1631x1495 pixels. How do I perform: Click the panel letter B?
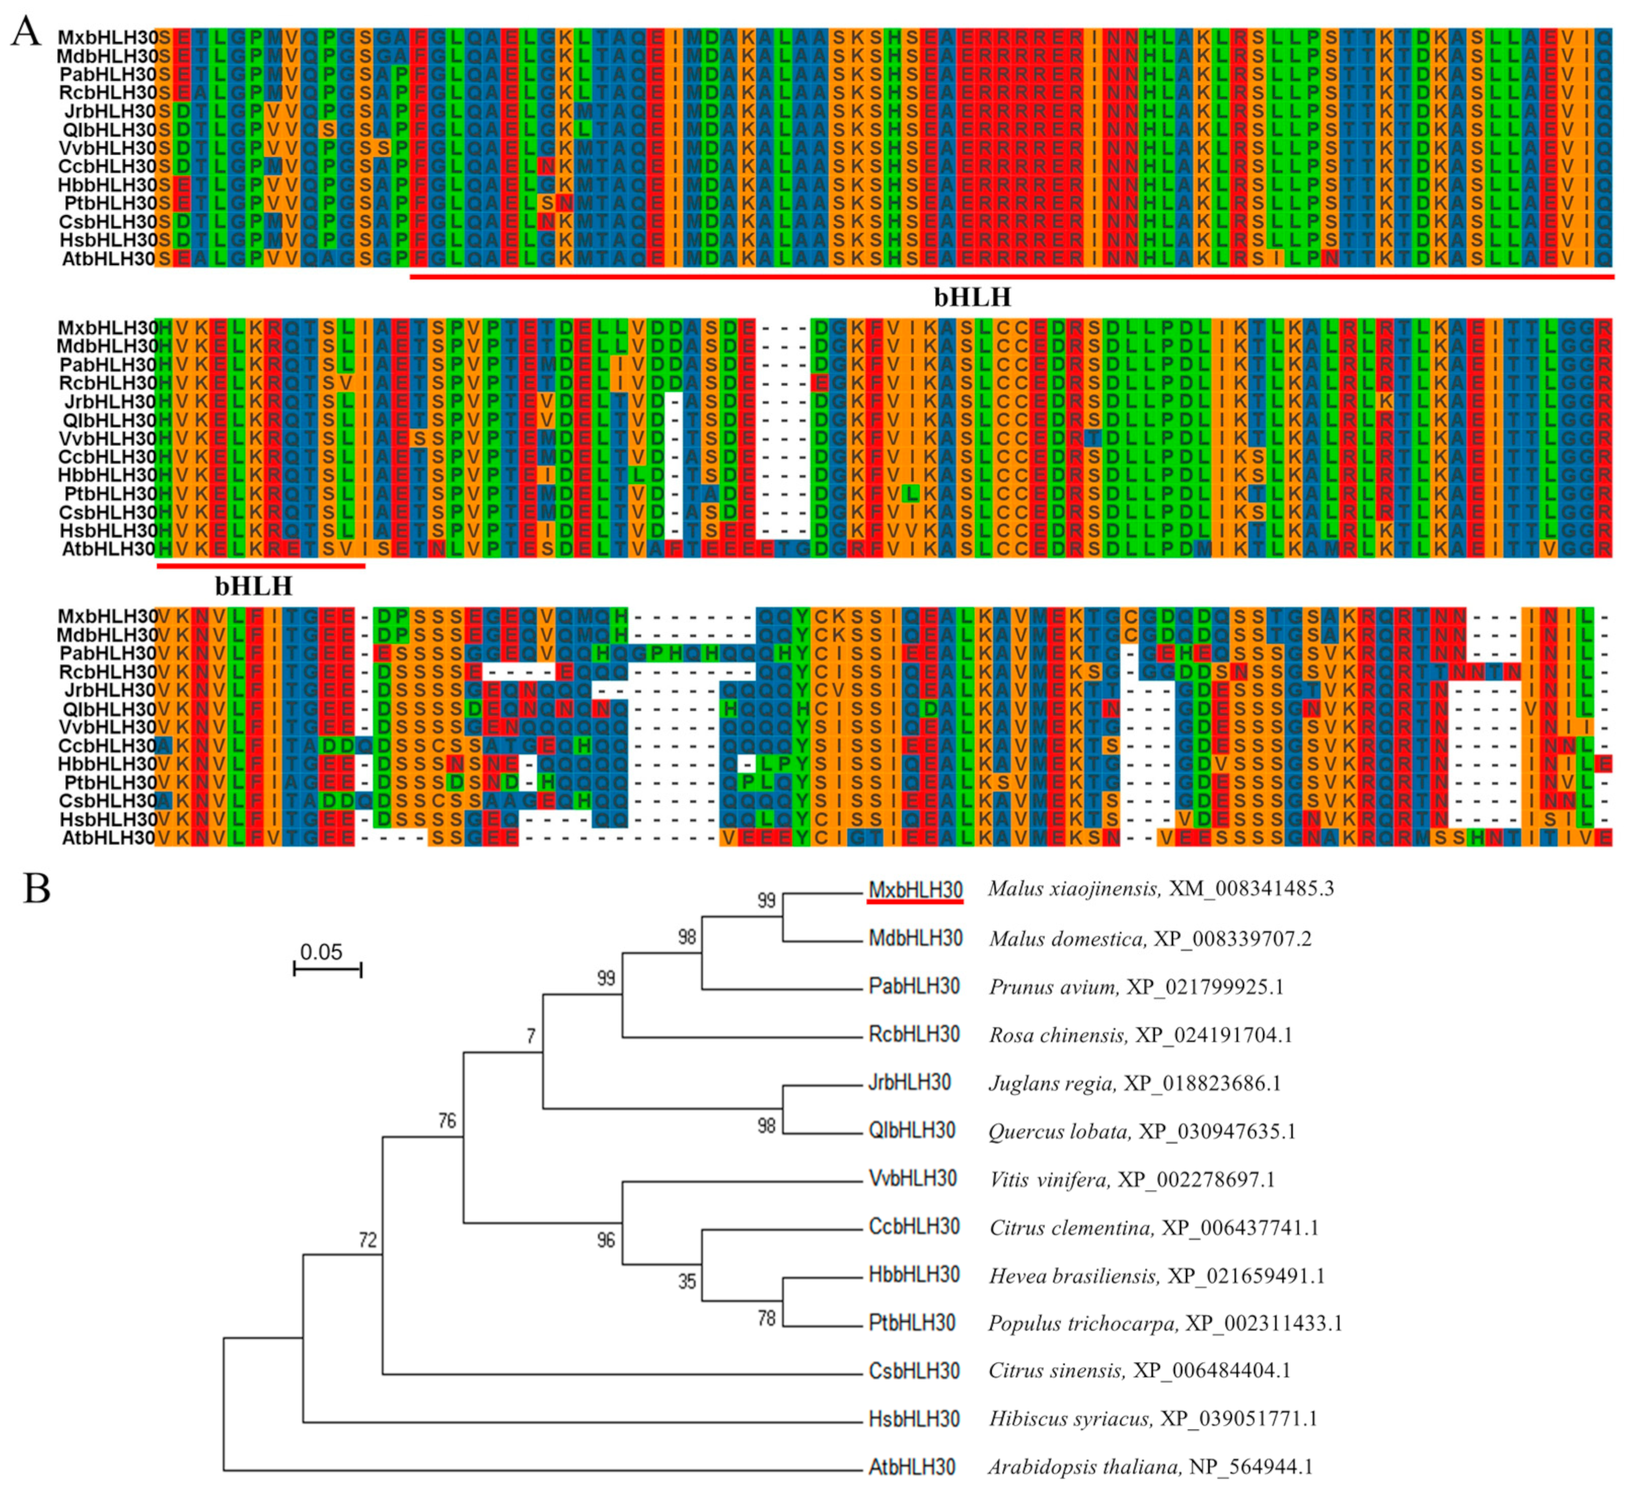pos(36,889)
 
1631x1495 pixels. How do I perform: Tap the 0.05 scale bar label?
pos(321,952)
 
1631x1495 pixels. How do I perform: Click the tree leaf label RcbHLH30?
pos(914,1035)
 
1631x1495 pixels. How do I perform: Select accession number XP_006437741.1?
pos(1240,1228)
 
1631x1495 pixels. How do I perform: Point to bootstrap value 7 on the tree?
pos(531,1036)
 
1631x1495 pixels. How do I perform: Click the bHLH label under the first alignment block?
pos(973,298)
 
